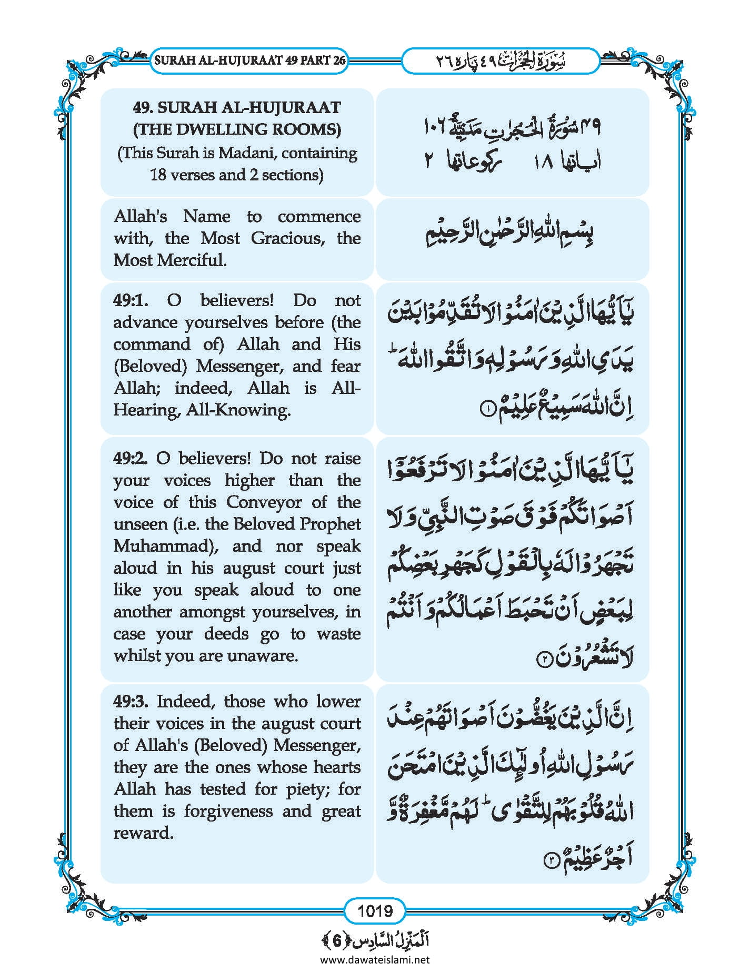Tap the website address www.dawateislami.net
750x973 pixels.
(x=375, y=959)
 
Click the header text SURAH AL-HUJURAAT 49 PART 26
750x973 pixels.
(x=249, y=60)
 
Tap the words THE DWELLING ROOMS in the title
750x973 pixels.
(x=237, y=129)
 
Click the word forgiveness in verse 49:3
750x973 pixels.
(x=228, y=811)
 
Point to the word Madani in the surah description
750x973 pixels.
(x=244, y=154)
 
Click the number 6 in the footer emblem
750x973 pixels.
(x=337, y=940)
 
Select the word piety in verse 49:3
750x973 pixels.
(x=303, y=789)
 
